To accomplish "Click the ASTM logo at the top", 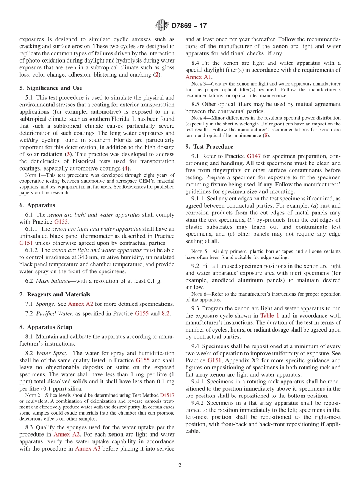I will click(162, 26).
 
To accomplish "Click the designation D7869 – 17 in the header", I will click(189, 26).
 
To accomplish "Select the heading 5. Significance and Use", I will click(51, 88).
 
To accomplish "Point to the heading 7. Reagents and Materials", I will click(55, 294).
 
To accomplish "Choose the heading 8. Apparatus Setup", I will click(45, 327).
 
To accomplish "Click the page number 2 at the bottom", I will click(180, 465).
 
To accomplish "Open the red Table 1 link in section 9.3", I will click(270, 316).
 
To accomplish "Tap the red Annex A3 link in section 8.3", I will click(88, 449).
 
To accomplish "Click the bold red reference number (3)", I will click(68, 155).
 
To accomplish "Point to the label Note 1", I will click(31, 175).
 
